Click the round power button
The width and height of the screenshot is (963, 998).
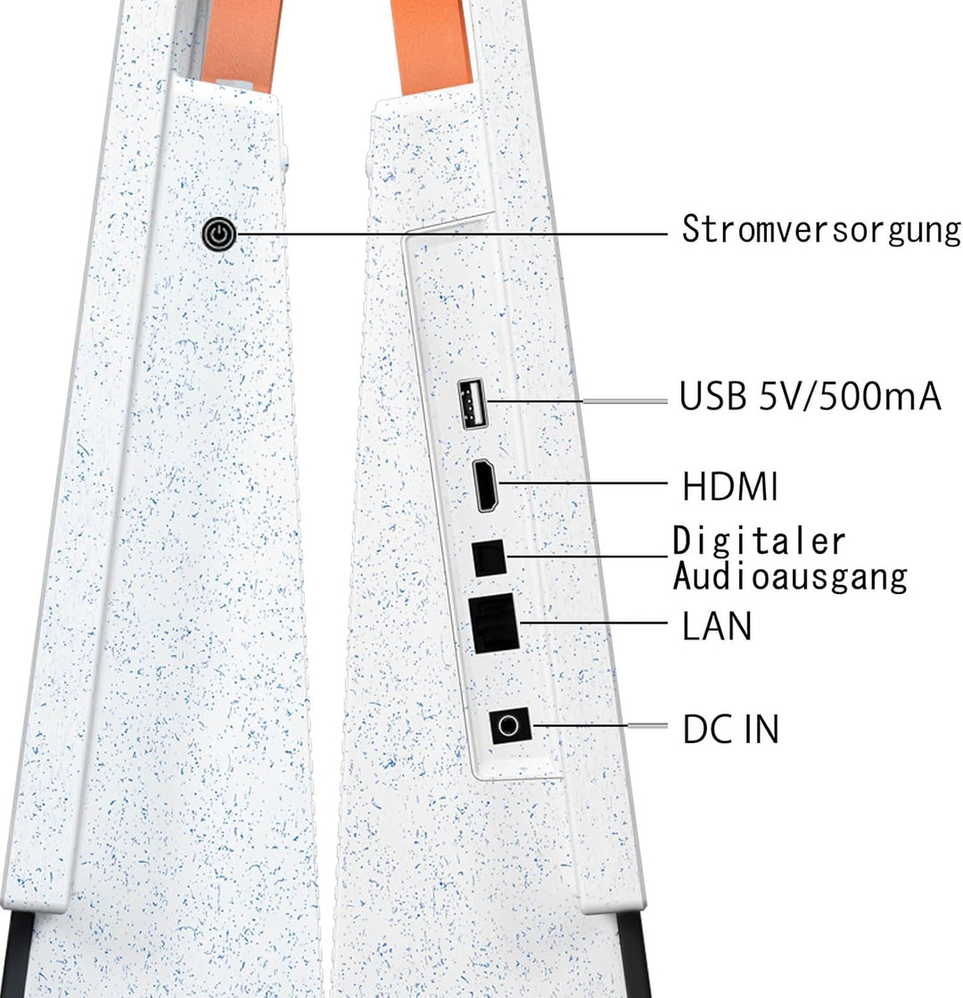pos(219,235)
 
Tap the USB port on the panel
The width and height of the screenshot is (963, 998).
pos(473,403)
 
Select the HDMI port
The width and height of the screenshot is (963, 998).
pos(486,485)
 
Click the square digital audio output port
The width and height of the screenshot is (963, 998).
pos(489,557)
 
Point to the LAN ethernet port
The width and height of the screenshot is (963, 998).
pos(495,623)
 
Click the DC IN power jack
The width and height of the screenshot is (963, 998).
pos(509,725)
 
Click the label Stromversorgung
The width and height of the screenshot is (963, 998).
pos(821,230)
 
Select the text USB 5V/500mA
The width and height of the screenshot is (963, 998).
pos(810,396)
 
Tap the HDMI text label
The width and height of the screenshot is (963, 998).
pos(729,487)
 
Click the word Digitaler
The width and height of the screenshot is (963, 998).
pos(759,541)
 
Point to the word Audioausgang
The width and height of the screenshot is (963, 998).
pos(790,577)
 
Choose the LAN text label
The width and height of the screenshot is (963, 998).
pos(717,626)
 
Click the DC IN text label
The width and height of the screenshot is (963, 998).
pos(730,729)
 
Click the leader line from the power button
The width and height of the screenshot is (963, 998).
pos(452,234)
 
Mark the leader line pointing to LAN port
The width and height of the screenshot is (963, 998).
pos(594,622)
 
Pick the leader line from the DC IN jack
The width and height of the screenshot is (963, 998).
pos(599,725)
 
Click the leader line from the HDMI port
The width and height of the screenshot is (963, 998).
pos(584,483)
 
